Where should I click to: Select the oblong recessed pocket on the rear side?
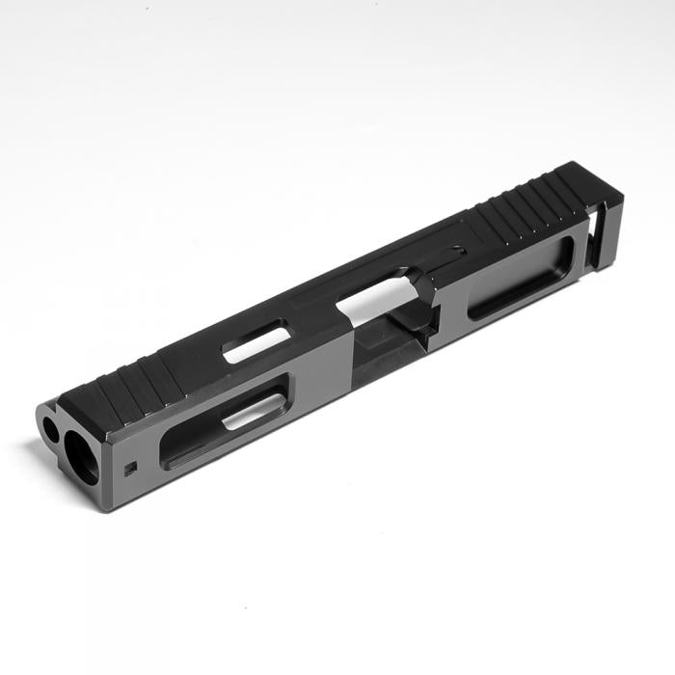click(521, 279)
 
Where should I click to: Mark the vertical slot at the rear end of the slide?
click(601, 231)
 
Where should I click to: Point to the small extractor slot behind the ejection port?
click(445, 256)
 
